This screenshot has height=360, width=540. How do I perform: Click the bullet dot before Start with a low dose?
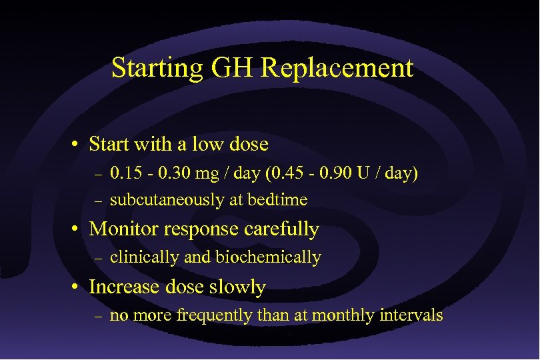coord(79,145)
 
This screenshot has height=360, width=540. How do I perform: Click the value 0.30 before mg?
coord(168,175)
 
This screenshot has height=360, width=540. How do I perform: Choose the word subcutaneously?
coord(163,199)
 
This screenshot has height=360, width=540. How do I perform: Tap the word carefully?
coord(283,230)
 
